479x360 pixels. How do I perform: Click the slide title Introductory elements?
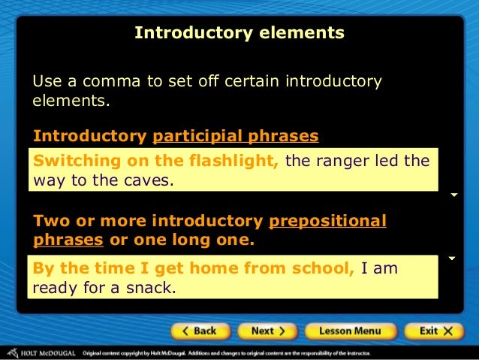pos(239,33)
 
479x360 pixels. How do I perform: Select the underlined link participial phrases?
pos(236,136)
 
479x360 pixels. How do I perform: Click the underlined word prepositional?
pos(327,221)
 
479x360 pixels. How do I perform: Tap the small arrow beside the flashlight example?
pos(453,195)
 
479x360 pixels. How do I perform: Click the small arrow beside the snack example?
pos(452,259)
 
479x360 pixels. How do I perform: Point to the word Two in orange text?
pos(50,221)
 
